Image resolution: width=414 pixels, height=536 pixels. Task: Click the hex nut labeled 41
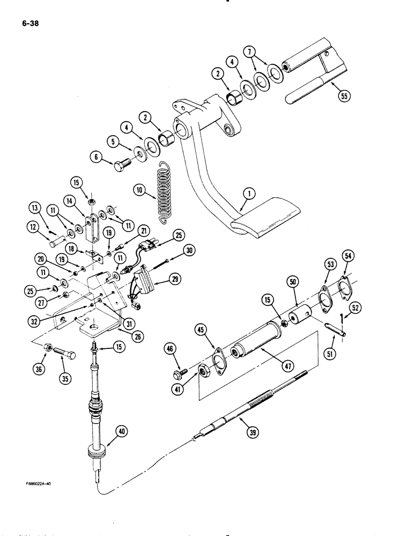pos(204,370)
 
